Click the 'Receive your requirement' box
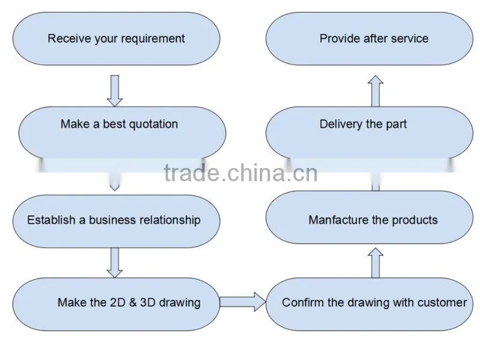(116, 38)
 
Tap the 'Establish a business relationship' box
(116, 221)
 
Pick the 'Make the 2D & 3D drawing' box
(116, 304)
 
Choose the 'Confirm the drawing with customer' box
(369, 304)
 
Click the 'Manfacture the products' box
(369, 217)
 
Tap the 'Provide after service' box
(369, 38)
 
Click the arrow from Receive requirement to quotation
(115, 91)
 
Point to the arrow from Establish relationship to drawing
(115, 263)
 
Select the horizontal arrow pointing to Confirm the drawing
(243, 302)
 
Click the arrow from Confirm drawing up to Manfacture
(376, 263)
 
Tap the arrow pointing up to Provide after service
(376, 91)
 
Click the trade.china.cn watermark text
(241, 173)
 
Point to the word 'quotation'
(154, 124)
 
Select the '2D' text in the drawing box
(118, 302)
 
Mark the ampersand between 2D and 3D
(133, 302)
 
